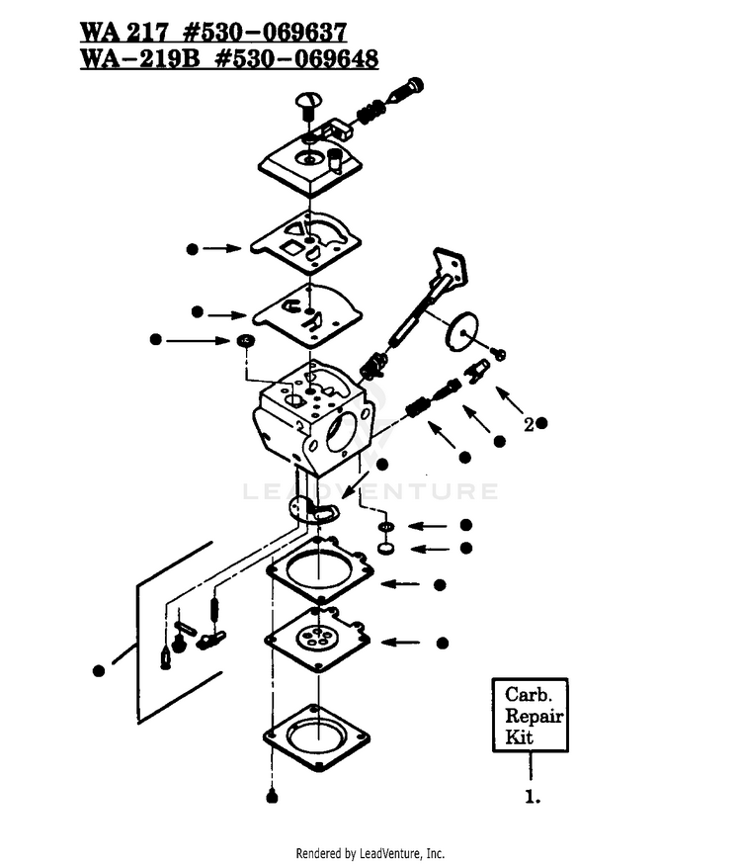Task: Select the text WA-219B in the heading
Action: pos(140,58)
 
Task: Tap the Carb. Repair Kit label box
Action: pos(530,715)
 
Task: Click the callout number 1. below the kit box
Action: pos(532,797)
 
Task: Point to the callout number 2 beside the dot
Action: pos(529,425)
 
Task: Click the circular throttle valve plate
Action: pos(460,331)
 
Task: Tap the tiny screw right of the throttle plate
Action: pos(499,353)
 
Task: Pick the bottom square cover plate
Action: pos(316,737)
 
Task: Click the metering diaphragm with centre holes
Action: pos(317,640)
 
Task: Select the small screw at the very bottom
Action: pos(272,797)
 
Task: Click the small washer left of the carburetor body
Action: pos(244,340)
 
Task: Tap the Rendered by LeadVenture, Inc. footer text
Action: pos(370,853)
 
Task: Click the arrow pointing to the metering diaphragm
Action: pos(400,642)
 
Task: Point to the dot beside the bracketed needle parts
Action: pos(99,670)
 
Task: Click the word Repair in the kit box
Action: pos(534,717)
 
